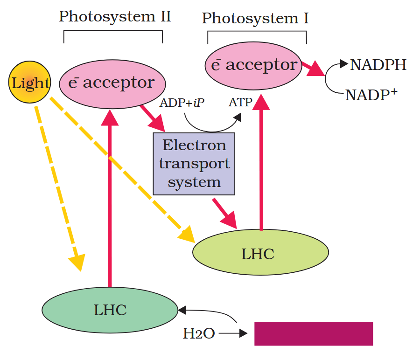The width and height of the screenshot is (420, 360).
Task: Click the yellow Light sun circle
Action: [30, 83]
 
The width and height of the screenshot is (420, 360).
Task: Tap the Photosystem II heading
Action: [115, 17]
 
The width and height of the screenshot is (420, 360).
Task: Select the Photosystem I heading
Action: [255, 19]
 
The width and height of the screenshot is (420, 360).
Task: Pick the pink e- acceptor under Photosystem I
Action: [254, 65]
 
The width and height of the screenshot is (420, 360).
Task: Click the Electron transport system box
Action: [194, 163]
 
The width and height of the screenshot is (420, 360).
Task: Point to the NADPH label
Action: [378, 65]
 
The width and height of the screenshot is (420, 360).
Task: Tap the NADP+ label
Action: [371, 95]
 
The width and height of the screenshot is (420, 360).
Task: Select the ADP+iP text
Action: [182, 103]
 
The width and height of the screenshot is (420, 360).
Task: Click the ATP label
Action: [240, 103]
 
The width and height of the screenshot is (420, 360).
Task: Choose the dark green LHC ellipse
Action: [110, 310]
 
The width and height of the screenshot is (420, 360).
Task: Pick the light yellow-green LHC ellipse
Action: [260, 253]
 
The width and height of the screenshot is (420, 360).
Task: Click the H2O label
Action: [199, 333]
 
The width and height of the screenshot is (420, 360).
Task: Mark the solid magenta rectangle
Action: [313, 333]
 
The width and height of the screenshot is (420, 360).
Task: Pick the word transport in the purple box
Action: [194, 164]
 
